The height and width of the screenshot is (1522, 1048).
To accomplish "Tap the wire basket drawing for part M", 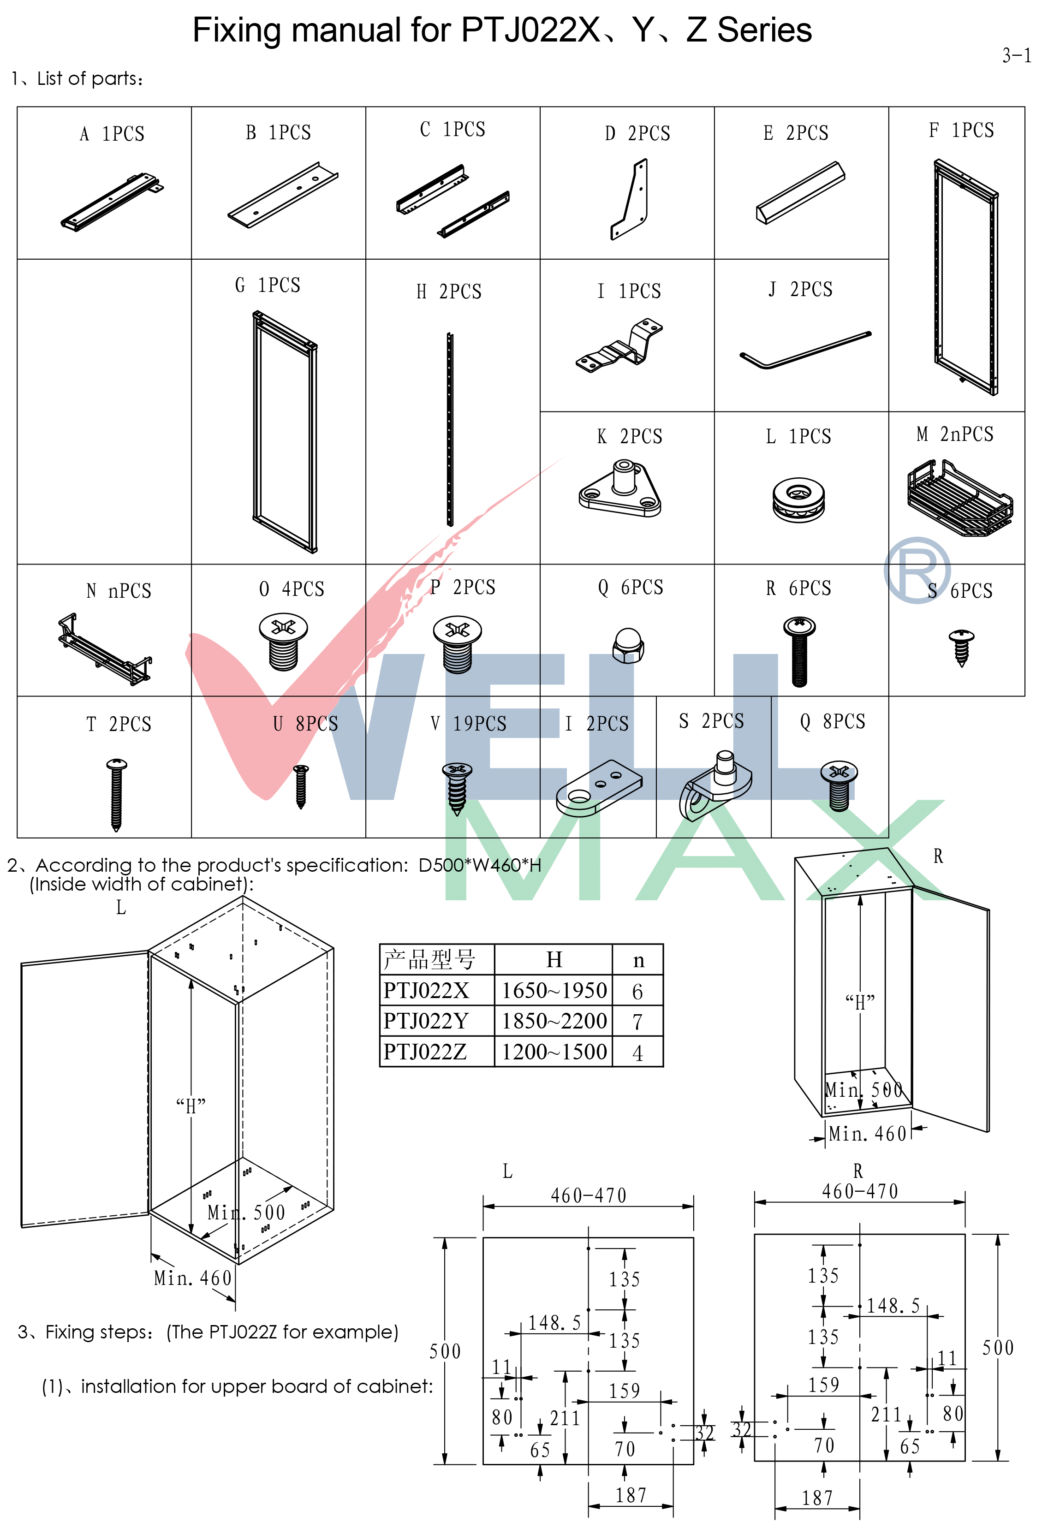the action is point(959,498).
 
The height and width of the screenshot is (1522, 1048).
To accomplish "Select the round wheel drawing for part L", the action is point(798,499).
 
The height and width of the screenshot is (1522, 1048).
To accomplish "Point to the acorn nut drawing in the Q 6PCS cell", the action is point(628,645).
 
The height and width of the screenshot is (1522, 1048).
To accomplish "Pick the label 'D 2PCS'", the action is point(637,133).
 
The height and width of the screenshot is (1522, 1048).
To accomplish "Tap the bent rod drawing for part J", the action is point(805,350).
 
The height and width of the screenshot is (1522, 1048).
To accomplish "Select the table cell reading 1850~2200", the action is point(554,1020).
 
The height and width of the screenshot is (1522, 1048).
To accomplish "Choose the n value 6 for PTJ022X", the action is point(637,991).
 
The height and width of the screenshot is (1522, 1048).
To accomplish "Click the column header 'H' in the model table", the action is point(554,960).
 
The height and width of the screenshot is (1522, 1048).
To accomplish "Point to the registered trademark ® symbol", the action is point(917,570).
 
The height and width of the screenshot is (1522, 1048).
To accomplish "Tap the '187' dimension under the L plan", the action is point(631,1496).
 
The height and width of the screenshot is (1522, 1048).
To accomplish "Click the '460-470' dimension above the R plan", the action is point(859,1190).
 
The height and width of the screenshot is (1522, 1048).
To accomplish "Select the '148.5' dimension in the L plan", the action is point(555,1322).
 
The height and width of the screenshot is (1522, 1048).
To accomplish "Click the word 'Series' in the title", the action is point(764,30).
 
